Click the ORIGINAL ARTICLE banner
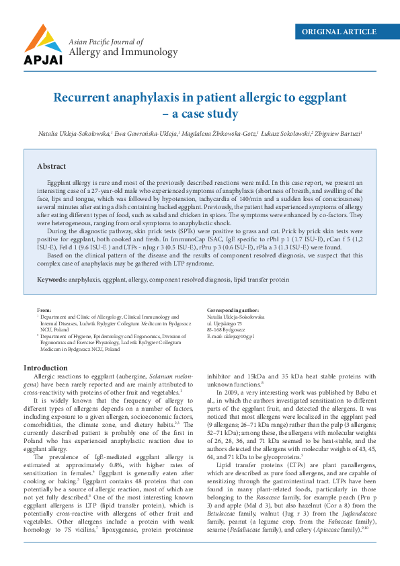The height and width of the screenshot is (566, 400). (339, 32)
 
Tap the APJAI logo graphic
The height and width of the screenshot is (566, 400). (44, 42)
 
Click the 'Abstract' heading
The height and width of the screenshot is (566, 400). (51, 166)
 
